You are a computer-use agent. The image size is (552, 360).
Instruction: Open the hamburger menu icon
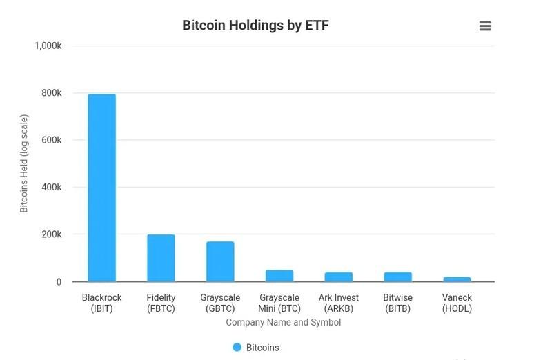485,26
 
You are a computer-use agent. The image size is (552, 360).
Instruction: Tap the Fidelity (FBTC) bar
161,258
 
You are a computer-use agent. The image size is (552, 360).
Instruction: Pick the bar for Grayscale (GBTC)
220,261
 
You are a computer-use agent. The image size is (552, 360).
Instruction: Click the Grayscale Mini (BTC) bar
279,276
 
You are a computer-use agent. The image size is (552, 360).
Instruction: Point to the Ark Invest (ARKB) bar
339,277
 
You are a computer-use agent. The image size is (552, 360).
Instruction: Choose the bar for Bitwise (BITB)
397,277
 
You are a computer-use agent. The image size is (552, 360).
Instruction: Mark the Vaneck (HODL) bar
457,279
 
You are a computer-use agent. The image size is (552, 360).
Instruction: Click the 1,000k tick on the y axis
48,46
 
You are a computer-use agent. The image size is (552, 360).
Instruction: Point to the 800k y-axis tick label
52,93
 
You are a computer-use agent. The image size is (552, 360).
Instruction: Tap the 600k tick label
52,140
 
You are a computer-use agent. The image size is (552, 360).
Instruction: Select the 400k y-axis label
52,187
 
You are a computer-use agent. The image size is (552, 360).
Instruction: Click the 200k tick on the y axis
52,234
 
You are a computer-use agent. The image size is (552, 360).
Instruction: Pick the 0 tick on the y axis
59,282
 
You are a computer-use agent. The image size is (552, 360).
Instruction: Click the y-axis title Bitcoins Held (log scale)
24,163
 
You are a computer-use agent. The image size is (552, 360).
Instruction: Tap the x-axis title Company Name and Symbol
283,322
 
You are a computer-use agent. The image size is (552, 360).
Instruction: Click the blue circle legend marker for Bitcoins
237,348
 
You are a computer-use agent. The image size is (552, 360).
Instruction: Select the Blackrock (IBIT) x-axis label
101,303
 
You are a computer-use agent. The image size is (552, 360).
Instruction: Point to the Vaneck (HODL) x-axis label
457,303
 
